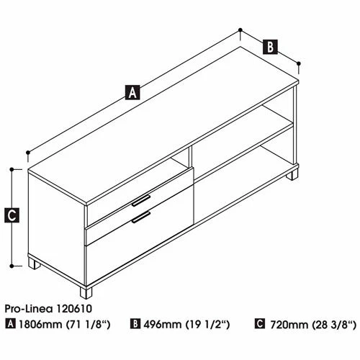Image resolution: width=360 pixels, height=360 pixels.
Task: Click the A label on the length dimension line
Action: [x=132, y=91]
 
